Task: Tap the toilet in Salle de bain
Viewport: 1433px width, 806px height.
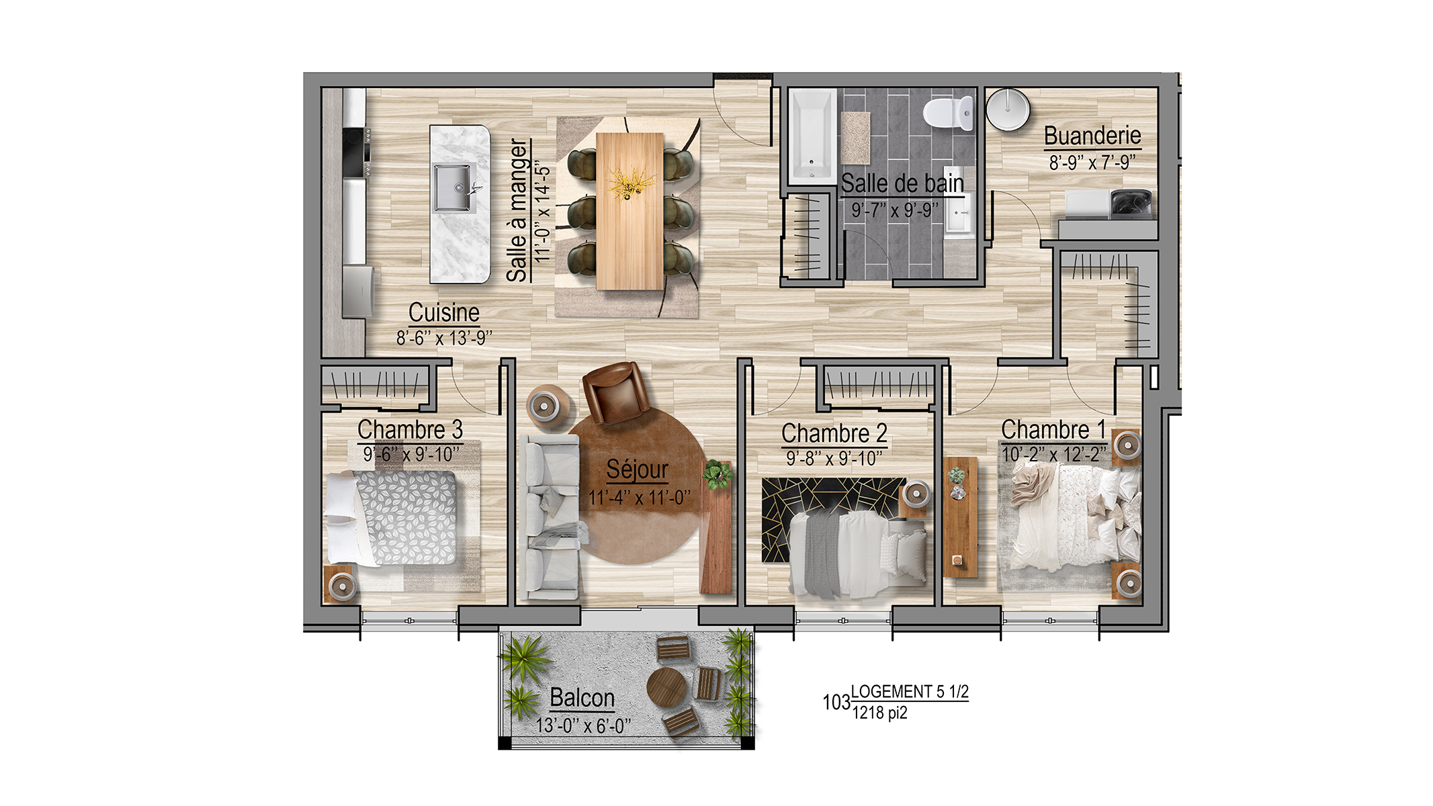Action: click(x=949, y=113)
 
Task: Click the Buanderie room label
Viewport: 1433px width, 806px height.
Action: click(x=1092, y=136)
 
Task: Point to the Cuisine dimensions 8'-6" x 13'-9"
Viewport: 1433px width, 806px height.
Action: click(x=444, y=338)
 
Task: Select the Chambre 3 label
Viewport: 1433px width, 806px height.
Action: click(x=410, y=429)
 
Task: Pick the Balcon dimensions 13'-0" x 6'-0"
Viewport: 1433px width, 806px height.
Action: click(x=583, y=725)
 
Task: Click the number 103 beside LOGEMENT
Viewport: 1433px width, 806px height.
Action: click(x=836, y=702)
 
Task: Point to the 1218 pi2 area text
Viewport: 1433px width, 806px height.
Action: click(x=879, y=713)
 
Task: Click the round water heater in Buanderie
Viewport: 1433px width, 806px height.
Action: click(x=1008, y=109)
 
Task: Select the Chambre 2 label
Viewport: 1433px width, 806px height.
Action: click(x=834, y=433)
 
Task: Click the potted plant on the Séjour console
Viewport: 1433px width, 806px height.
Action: click(x=718, y=474)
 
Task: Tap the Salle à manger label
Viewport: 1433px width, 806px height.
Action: click(x=517, y=210)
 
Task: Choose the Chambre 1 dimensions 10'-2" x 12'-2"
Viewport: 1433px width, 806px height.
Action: click(x=1053, y=454)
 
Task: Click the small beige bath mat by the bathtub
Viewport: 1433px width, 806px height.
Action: click(x=855, y=138)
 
